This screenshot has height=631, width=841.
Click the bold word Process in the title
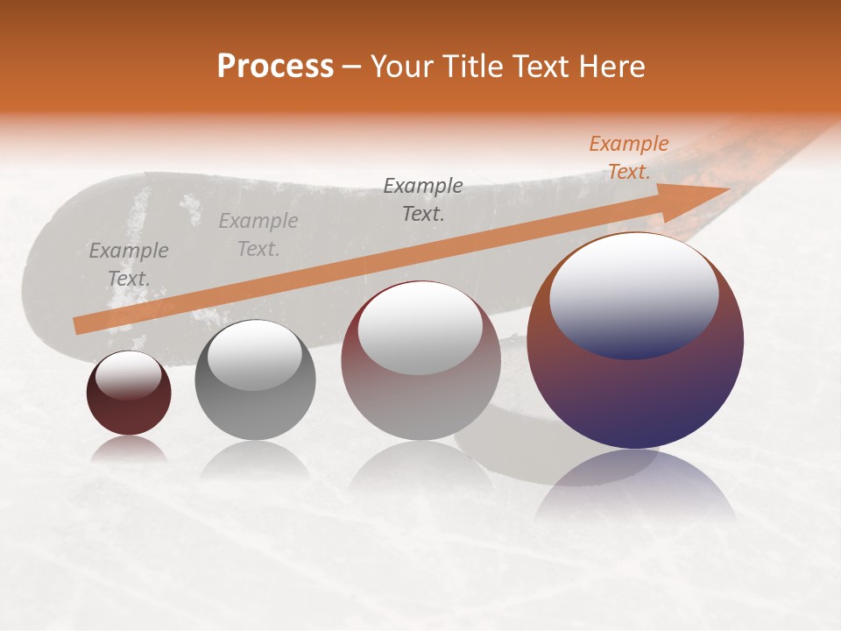(275, 67)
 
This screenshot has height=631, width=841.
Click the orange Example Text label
(628, 158)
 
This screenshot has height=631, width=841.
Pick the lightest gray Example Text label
(258, 235)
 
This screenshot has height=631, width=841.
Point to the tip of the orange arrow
(728, 188)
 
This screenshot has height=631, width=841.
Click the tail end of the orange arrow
(77, 325)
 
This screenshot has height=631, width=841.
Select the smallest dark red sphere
(129, 393)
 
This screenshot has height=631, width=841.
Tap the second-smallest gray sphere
(255, 380)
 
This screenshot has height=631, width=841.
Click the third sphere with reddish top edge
(420, 360)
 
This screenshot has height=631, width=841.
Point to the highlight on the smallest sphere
(128, 375)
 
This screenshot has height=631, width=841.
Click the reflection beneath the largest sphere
(635, 486)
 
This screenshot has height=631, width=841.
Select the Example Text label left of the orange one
(423, 199)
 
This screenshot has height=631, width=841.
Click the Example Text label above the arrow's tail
(129, 265)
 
